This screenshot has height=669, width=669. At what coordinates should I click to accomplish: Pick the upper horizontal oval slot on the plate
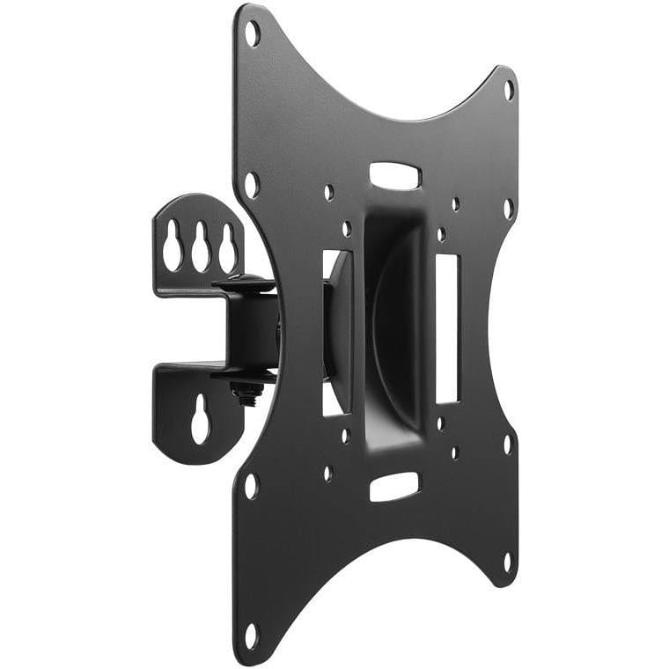coord(394,175)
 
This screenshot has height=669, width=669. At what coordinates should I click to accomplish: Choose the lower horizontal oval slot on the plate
coord(393,486)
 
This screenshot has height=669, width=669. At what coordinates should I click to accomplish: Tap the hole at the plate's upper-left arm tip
coord(252,33)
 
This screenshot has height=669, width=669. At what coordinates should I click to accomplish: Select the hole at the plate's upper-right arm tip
coord(508,89)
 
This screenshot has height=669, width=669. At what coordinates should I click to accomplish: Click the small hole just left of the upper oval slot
coord(328,192)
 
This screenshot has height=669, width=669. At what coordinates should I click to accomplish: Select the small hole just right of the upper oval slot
coord(455,203)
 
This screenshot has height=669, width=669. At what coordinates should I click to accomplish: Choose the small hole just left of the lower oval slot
coord(328,473)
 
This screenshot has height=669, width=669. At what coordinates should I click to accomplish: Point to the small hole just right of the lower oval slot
coord(455,453)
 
